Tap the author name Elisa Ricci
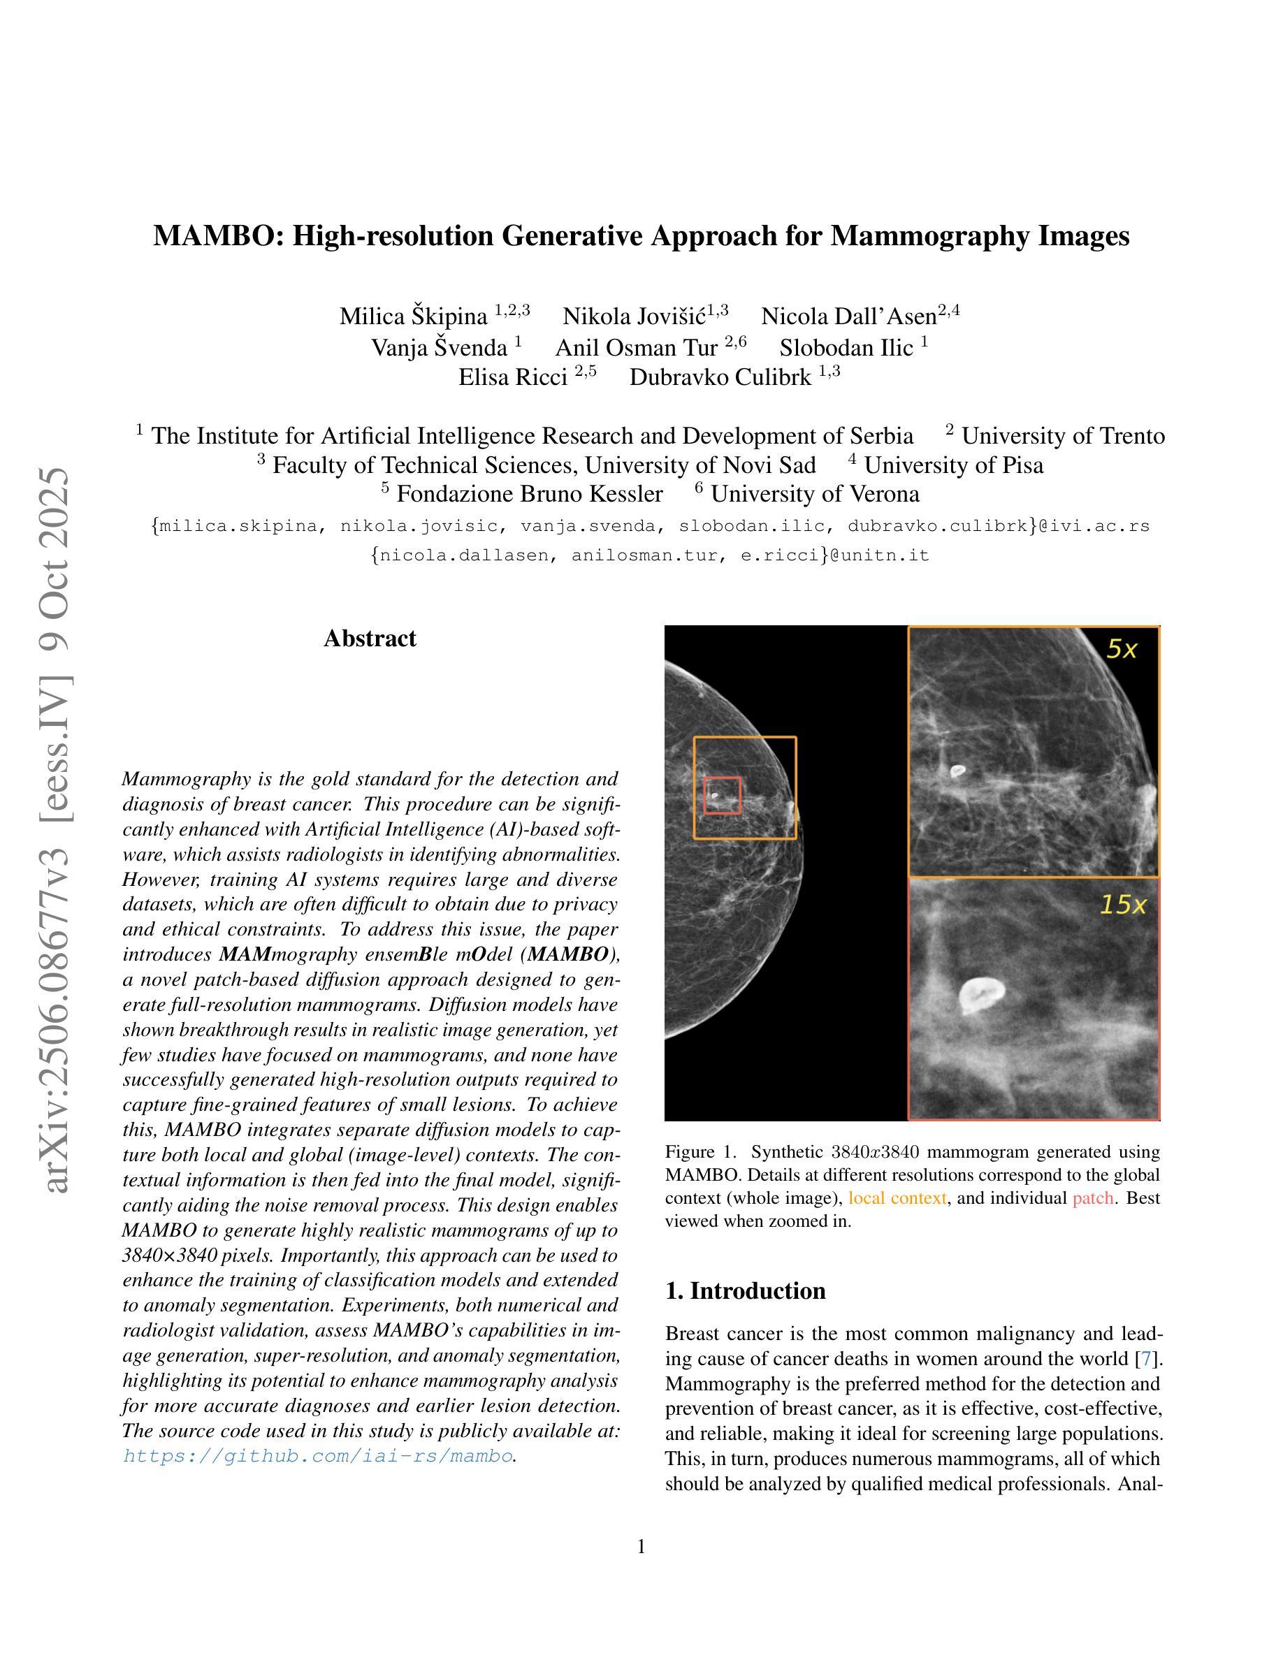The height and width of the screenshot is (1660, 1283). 513,377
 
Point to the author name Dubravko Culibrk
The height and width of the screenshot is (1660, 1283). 720,377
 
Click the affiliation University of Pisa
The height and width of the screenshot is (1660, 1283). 953,465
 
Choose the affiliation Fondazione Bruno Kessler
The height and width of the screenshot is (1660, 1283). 529,494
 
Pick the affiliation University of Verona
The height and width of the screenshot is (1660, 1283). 815,494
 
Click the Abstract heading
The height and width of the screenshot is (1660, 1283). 370,639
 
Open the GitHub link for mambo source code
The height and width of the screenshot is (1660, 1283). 318,1455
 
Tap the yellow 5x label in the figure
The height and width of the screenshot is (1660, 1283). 1121,649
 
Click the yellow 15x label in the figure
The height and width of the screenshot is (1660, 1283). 1122,905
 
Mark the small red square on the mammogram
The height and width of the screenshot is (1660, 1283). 721,795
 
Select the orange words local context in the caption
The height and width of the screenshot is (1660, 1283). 897,1198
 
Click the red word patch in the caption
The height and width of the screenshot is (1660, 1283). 1092,1198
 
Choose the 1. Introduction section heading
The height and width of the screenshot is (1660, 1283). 745,1291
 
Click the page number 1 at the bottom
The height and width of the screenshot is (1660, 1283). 641,1547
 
